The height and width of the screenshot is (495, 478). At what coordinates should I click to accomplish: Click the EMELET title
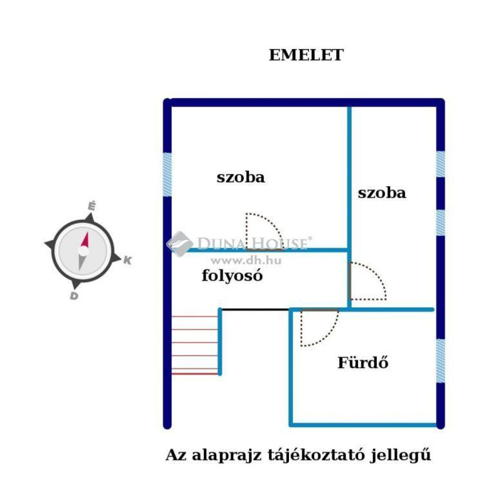306,55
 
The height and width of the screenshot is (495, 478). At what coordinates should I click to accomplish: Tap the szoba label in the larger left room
241,177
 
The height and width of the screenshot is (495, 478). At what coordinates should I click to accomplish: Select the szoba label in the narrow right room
382,193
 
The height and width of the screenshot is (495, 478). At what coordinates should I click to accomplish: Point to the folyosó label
232,275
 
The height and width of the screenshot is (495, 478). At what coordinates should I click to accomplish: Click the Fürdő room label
363,363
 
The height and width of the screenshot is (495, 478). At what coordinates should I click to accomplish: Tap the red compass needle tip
87,233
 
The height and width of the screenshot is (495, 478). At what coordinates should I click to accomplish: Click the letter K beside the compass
127,260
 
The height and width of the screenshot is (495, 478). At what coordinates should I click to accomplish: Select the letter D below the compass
74,296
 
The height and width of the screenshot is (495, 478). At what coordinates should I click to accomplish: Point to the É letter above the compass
91,206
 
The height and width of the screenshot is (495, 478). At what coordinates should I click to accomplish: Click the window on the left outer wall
167,174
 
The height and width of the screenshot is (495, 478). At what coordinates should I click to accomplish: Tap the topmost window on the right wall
440,164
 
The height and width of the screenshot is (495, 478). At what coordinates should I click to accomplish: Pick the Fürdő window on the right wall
440,361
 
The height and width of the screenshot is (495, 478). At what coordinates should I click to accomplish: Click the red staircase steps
195,345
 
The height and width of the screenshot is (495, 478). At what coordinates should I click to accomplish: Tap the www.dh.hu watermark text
246,260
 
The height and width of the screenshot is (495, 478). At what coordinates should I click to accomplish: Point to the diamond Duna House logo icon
180,244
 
